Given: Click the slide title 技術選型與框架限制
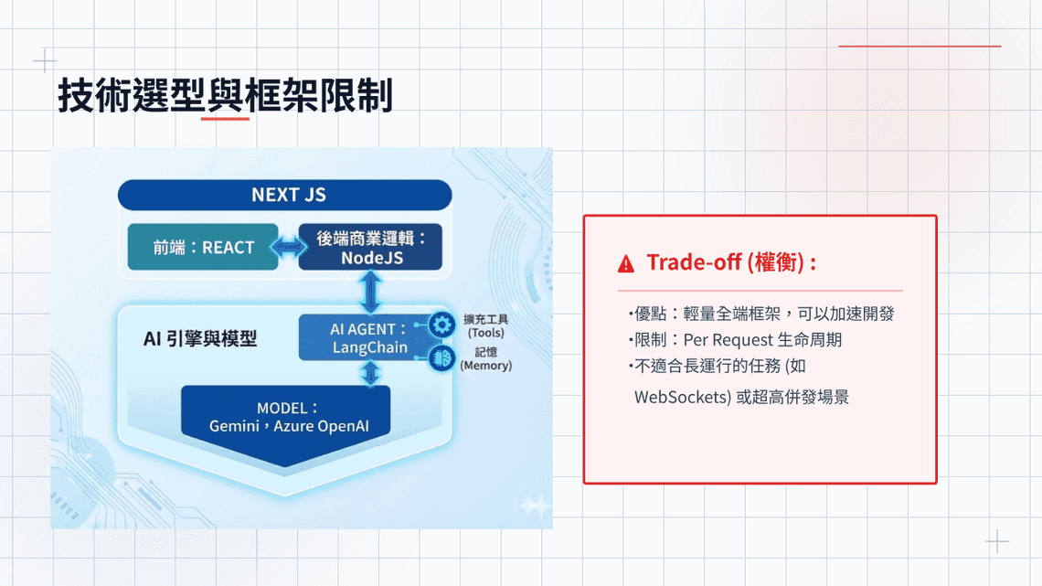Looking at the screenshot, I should click(225, 95).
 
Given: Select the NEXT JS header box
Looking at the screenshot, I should click(285, 195).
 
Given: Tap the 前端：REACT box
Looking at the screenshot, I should click(203, 247).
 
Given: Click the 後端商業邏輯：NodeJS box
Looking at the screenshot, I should click(370, 247).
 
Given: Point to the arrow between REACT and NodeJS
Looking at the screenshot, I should click(289, 247).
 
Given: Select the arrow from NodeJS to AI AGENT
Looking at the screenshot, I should click(370, 292).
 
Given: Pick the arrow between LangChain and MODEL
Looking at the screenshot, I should click(370, 372).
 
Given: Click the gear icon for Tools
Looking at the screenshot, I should click(442, 324).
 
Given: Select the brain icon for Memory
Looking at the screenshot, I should click(442, 357).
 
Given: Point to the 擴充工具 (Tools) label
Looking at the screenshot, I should click(485, 325).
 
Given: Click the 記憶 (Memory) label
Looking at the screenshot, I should click(485, 358).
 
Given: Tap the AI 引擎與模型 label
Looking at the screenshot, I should click(200, 338).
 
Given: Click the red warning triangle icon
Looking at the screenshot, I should click(625, 264).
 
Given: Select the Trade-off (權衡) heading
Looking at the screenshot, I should click(731, 262).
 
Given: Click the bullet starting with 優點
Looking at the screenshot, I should click(760, 314).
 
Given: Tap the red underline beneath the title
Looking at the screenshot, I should click(225, 117).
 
